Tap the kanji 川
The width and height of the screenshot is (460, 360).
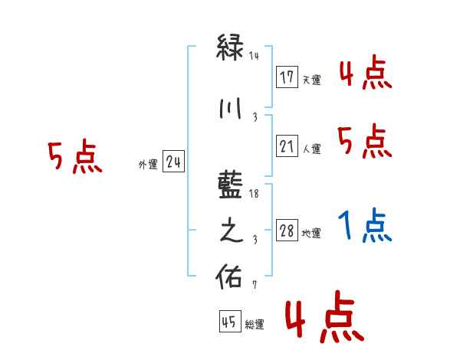pos(232,109)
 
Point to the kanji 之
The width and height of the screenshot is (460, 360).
pos(232,232)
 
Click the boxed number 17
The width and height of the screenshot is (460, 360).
pos(287,77)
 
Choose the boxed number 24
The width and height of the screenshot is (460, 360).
pos(173,162)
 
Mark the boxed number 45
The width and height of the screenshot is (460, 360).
pos(229,322)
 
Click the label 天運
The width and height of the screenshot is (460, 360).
pos(311,80)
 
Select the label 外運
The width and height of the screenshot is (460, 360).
pos(148,164)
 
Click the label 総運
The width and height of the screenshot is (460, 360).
pos(254,325)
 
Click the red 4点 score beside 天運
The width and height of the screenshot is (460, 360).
pos(365,74)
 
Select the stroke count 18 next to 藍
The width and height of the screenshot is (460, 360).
pos(255,195)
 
